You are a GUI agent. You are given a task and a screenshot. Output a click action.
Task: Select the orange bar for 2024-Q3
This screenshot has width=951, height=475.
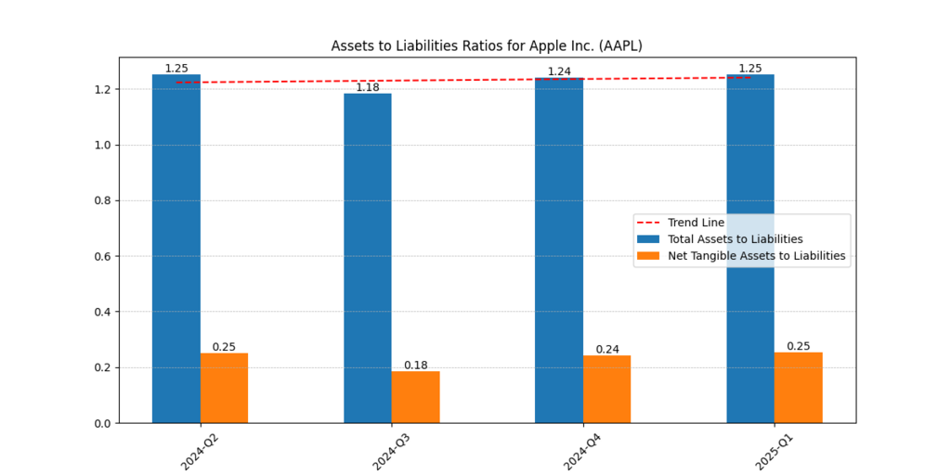tap(415, 397)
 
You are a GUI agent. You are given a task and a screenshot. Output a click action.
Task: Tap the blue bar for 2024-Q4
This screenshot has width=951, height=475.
tap(559, 250)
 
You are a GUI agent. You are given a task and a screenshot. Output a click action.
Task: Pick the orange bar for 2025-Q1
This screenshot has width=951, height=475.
tap(798, 388)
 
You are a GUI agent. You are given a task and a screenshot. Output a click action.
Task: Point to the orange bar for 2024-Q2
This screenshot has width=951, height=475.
tap(224, 388)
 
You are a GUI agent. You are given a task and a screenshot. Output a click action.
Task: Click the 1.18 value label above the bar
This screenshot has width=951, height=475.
tap(368, 87)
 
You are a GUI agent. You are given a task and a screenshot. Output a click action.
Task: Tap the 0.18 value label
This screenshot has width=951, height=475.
tap(415, 365)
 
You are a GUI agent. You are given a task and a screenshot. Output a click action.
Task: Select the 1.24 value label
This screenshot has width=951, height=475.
tap(559, 71)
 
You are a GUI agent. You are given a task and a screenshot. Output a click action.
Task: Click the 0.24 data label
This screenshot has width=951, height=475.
tap(607, 350)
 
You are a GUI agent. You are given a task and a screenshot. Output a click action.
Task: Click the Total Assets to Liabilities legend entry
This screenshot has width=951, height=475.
tap(735, 239)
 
